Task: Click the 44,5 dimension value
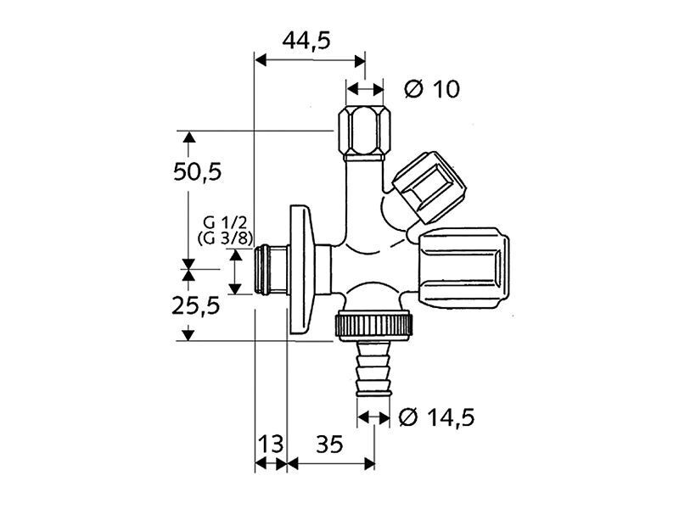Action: (306, 41)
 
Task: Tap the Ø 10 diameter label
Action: (432, 90)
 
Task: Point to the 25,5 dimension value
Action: (196, 306)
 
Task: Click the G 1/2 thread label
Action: (225, 223)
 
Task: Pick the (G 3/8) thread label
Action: (225, 239)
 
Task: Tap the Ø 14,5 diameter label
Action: (436, 417)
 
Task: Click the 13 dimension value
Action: (271, 444)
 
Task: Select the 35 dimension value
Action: (329, 444)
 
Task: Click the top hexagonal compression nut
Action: (364, 133)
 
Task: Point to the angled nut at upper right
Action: (429, 187)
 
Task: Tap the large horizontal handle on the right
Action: (463, 269)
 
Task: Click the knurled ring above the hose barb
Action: (373, 325)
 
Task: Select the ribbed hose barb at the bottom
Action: (373, 367)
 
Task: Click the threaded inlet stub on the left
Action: (271, 271)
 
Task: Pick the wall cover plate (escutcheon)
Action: (300, 270)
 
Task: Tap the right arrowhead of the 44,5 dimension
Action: (360, 61)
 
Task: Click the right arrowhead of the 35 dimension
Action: (370, 464)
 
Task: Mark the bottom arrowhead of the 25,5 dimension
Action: (188, 334)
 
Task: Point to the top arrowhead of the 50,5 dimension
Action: (188, 137)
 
